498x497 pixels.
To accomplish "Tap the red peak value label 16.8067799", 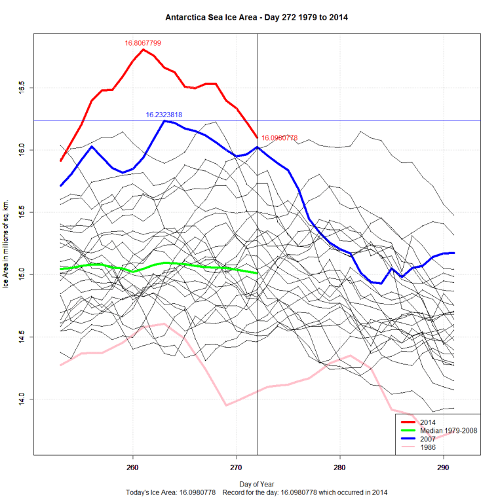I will click(x=143, y=43).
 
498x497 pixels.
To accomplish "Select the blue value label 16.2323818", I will click(x=164, y=115).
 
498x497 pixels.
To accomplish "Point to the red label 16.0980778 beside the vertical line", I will click(x=280, y=138).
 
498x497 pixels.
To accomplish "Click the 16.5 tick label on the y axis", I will click(x=21, y=88).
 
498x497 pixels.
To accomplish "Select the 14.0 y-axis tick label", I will click(x=21, y=399).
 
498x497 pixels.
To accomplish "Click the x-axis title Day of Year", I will click(x=256, y=483).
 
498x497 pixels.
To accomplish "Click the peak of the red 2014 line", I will click(x=143, y=50).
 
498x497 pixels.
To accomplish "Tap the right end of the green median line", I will click(x=256, y=272).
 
